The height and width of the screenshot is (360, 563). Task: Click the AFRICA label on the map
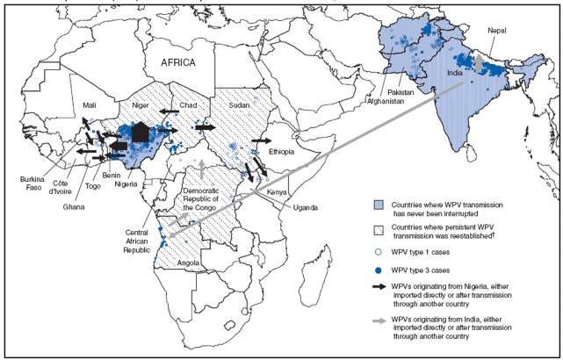click(x=184, y=62)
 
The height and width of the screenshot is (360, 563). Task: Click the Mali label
click(x=90, y=104)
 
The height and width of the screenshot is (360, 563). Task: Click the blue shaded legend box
click(x=380, y=206)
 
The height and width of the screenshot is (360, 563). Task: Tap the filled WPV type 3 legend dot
click(x=379, y=267)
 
